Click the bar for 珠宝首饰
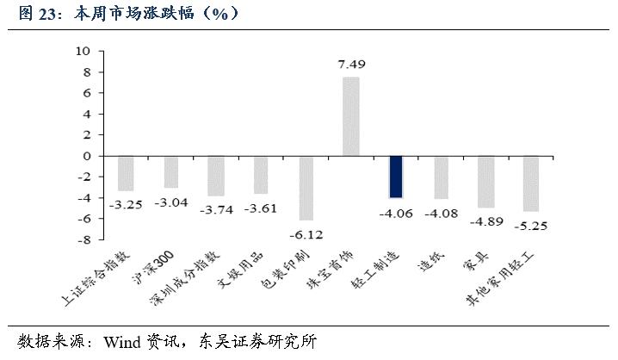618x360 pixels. tap(351, 116)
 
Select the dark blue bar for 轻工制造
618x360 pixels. tap(396, 177)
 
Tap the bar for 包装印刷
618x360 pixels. tap(306, 188)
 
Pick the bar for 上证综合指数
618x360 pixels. tap(126, 173)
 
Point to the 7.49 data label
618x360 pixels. tap(351, 65)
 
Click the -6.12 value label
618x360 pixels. tap(306, 233)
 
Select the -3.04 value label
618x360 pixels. tap(170, 202)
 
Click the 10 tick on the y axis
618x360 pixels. tap(83, 51)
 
